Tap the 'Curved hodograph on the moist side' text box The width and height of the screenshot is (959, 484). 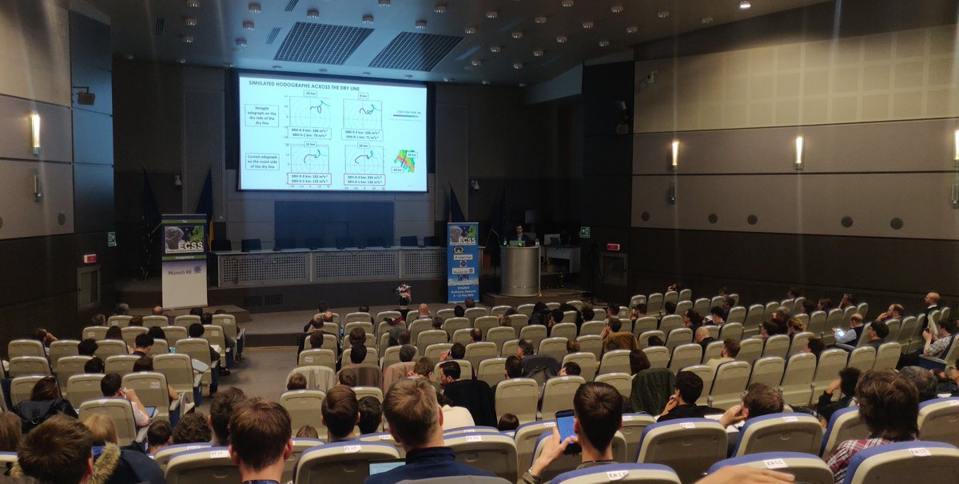[264, 162]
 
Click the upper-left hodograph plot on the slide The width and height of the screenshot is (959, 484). [311, 113]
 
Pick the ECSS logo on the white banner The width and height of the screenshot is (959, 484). [183, 238]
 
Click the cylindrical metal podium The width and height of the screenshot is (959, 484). [520, 270]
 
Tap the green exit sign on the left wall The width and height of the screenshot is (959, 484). [112, 238]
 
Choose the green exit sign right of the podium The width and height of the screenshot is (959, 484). [584, 232]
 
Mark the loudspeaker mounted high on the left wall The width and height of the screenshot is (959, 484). [86, 97]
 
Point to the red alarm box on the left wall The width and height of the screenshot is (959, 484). [90, 258]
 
